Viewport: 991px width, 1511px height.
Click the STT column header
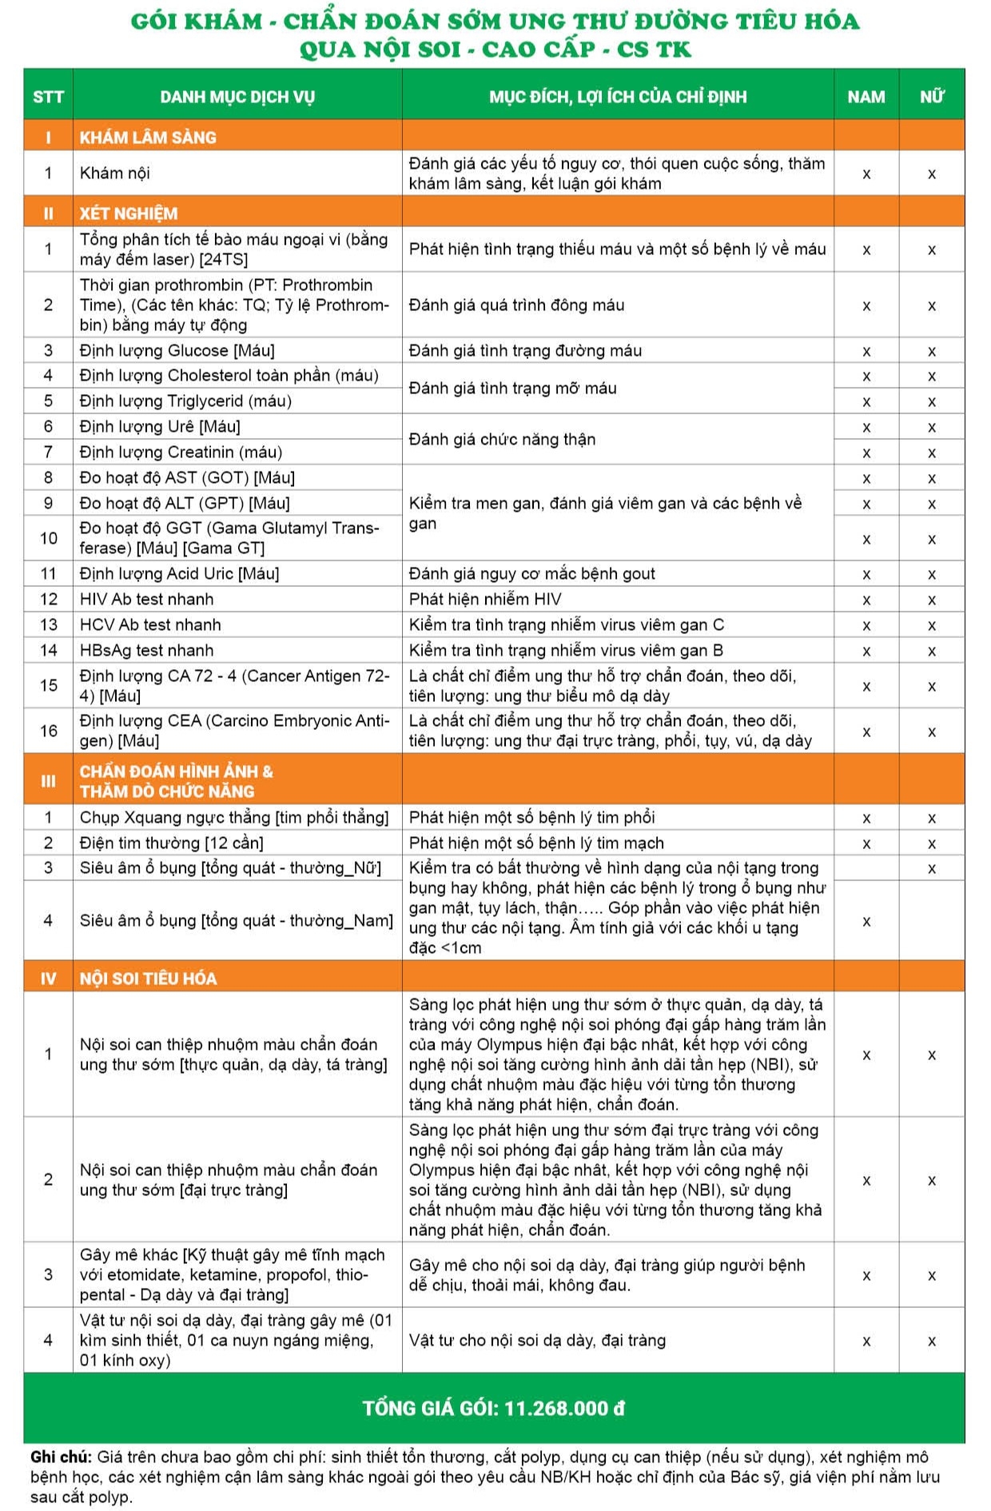click(x=48, y=97)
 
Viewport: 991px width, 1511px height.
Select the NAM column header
click(x=866, y=97)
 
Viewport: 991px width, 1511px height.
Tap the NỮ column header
click(x=931, y=97)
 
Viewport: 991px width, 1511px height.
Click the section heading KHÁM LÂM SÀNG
click(x=148, y=138)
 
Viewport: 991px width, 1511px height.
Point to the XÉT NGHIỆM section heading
click(x=129, y=213)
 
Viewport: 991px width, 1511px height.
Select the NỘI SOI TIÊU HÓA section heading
click(x=148, y=979)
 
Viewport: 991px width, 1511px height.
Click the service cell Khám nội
click(x=115, y=173)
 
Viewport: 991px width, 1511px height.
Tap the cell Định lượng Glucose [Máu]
click(x=177, y=350)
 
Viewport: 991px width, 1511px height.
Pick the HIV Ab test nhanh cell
click(x=146, y=599)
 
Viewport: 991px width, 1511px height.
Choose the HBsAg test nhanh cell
click(x=146, y=650)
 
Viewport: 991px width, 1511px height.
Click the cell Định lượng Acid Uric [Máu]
click(x=179, y=573)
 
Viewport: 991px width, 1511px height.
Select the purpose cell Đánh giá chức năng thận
click(x=502, y=439)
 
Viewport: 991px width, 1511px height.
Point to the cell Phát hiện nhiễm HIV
click(x=485, y=599)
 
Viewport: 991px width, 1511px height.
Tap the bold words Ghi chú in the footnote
click(x=60, y=1457)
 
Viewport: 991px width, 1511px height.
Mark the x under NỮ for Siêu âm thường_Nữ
click(x=931, y=869)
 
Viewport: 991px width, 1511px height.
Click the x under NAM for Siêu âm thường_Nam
click(x=866, y=922)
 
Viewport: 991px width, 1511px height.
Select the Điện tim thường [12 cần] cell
click(x=171, y=843)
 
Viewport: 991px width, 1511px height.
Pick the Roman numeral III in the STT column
click(x=48, y=781)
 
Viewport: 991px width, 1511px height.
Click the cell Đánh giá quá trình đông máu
click(x=516, y=305)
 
